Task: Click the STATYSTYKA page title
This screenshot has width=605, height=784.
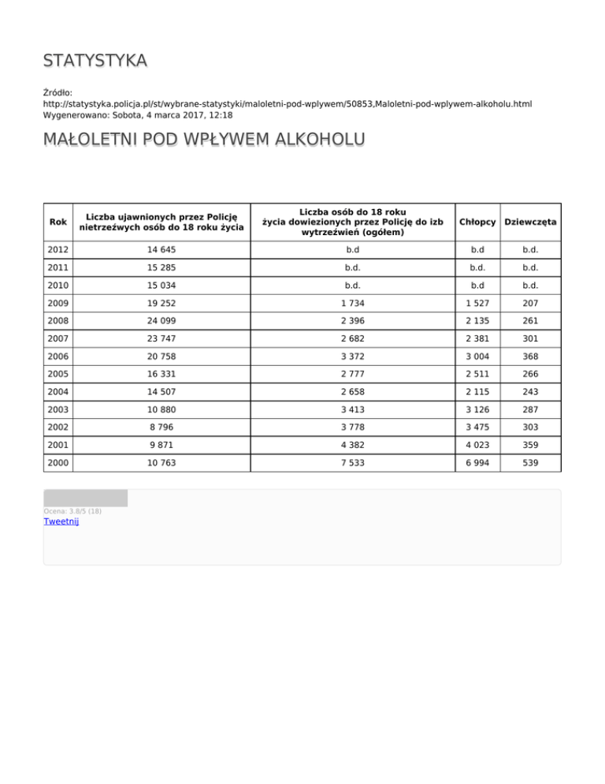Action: [x=95, y=62]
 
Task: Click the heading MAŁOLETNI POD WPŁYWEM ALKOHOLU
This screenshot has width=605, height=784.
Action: [x=204, y=140]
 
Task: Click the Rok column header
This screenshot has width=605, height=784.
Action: [x=58, y=222]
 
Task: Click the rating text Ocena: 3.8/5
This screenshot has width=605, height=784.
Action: [x=72, y=511]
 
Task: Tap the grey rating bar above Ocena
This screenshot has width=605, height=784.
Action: [x=85, y=498]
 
